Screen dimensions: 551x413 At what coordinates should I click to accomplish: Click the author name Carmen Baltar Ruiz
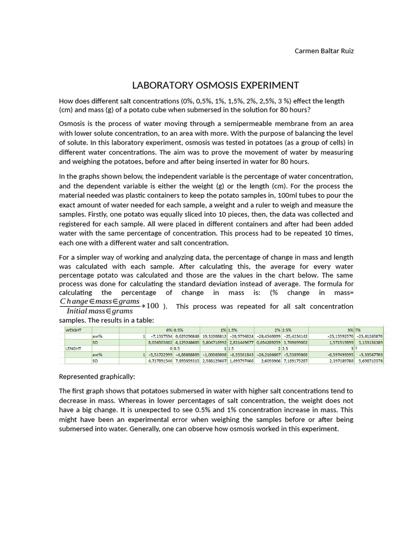point(324,51)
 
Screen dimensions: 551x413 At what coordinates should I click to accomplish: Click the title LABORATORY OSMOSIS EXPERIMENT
point(215,86)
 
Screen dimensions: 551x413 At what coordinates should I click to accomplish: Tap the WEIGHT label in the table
point(73,329)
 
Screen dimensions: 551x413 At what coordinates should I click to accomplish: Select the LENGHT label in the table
point(73,349)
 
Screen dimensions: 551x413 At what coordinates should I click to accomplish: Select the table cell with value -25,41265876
point(368,336)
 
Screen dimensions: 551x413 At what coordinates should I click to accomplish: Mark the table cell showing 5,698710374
point(368,362)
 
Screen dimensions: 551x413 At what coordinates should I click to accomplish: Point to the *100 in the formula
point(151,306)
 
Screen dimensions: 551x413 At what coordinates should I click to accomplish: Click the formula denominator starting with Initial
point(100,311)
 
